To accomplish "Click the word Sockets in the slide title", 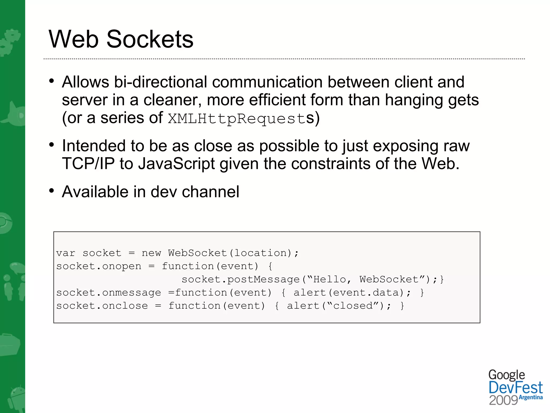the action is pos(150,39).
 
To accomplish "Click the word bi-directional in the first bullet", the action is pos(160,82).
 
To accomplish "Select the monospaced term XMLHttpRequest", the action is pos(237,119).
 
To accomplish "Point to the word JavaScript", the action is pos(176,163).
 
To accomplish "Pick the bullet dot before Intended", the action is pos(52,145).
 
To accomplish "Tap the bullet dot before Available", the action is pos(52,191).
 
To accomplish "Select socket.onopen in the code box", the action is pos(99,266).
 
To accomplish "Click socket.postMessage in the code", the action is pos(241,279).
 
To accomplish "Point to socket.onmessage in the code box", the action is pos(108,293).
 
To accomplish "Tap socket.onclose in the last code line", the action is pos(102,306).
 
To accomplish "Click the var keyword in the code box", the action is pos(66,253).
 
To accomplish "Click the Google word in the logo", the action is pos(506,375).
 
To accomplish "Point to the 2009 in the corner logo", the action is pos(503,400).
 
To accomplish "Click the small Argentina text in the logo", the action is pos(531,397).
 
